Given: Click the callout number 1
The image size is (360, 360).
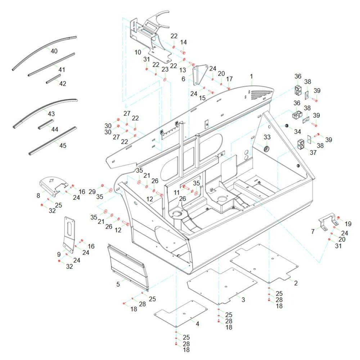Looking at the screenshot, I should [x=252, y=76].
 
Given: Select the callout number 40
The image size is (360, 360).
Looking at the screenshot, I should [x=54, y=51].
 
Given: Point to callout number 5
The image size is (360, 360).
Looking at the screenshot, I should [x=118, y=284].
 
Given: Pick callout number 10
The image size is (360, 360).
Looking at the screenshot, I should [x=138, y=52].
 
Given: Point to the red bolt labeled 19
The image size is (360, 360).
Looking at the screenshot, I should [x=339, y=217].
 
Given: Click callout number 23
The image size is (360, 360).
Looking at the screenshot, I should [x=165, y=69].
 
